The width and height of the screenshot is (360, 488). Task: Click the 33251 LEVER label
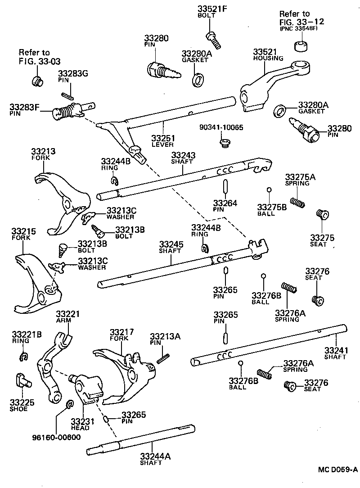163,138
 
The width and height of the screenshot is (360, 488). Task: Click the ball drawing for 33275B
269,190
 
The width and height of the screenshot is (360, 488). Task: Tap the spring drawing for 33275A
297,202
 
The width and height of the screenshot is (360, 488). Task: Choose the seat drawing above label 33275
321,214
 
